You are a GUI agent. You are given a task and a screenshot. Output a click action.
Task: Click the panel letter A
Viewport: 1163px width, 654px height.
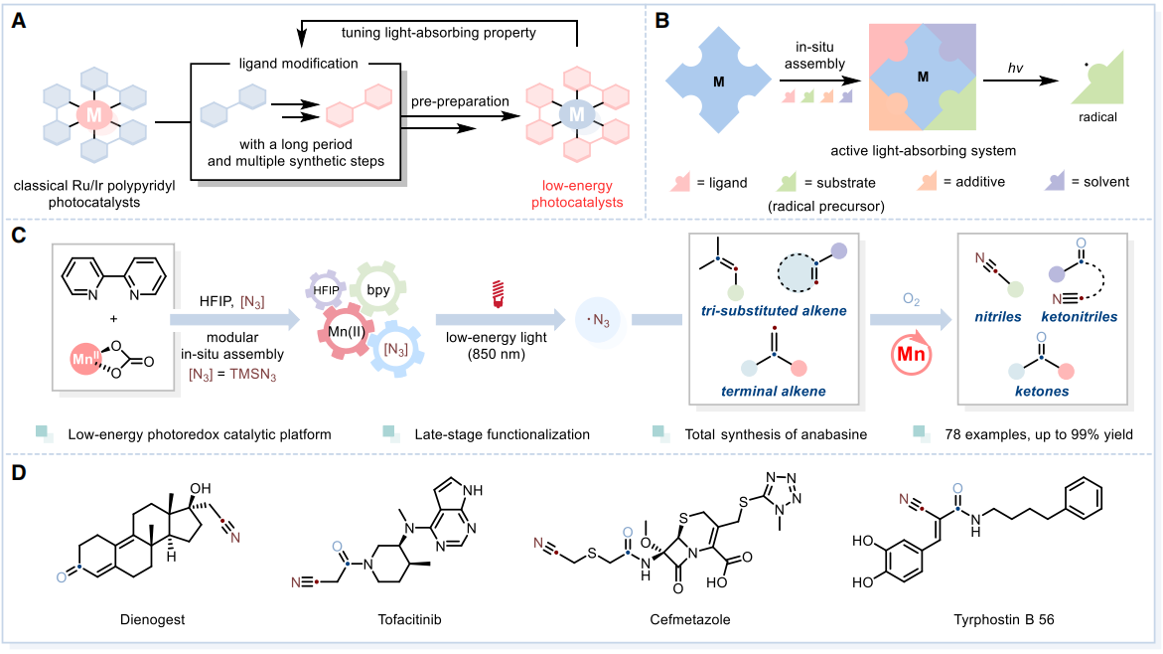(17, 19)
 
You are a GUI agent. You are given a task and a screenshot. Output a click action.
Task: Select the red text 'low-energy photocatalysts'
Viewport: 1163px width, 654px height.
(584, 194)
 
